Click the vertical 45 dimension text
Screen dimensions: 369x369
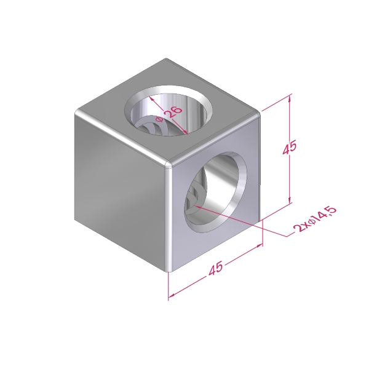pos(290,148)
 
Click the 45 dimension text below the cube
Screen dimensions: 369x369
pos(215,268)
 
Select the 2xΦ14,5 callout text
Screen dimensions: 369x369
pos(315,219)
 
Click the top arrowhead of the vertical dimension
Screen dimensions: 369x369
pos(290,98)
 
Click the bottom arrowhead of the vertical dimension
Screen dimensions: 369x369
pos(290,199)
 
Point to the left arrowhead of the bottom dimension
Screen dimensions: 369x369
pos(172,295)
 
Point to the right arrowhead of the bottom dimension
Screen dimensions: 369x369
pos(260,245)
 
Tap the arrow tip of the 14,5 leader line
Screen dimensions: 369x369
pos(194,206)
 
